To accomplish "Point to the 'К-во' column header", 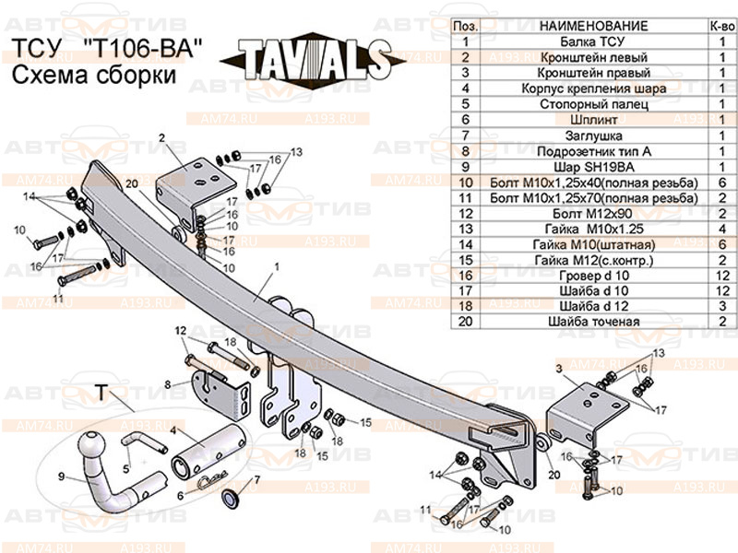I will (x=720, y=26).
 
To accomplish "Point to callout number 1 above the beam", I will (x=275, y=266).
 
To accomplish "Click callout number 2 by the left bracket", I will (x=161, y=138).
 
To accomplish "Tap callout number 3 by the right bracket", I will (x=558, y=369).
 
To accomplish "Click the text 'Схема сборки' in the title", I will (x=93, y=76).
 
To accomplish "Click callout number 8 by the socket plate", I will (x=167, y=383).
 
